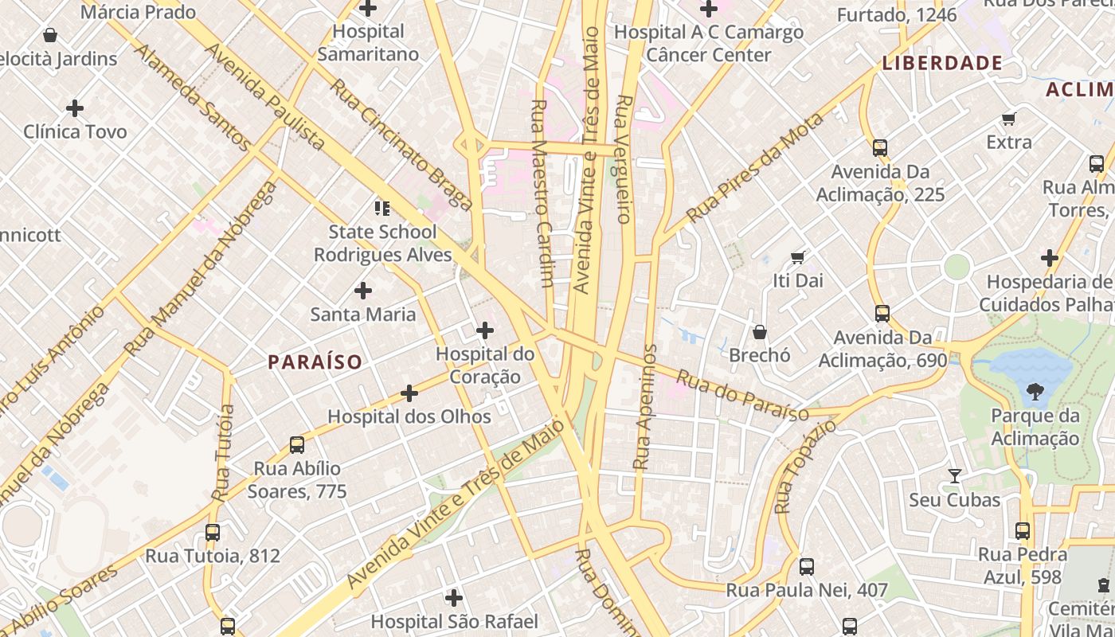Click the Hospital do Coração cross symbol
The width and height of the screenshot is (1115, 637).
(484, 330)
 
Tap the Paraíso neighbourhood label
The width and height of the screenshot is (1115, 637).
(315, 362)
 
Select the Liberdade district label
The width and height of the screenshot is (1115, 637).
(941, 63)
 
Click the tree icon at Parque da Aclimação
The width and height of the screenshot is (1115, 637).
(1035, 391)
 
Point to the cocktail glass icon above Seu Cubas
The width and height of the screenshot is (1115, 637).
(954, 476)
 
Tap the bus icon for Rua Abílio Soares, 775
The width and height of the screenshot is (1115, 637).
(297, 444)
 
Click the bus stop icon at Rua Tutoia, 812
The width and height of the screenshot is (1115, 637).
(213, 532)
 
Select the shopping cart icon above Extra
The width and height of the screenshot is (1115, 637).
(1009, 119)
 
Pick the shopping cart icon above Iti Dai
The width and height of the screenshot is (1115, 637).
(798, 257)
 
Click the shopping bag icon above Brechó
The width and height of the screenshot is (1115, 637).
(760, 331)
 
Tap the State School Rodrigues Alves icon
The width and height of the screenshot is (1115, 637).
(381, 209)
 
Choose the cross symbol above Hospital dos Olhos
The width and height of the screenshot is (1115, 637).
(409, 393)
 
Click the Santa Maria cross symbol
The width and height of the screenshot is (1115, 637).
(363, 291)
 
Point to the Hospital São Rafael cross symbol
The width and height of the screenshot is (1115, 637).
(454, 597)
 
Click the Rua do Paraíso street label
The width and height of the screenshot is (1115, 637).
(742, 394)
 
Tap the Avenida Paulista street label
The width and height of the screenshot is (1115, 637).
(265, 96)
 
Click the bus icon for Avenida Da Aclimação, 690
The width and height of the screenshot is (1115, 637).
(882, 313)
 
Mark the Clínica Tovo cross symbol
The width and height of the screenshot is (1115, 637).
(75, 107)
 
